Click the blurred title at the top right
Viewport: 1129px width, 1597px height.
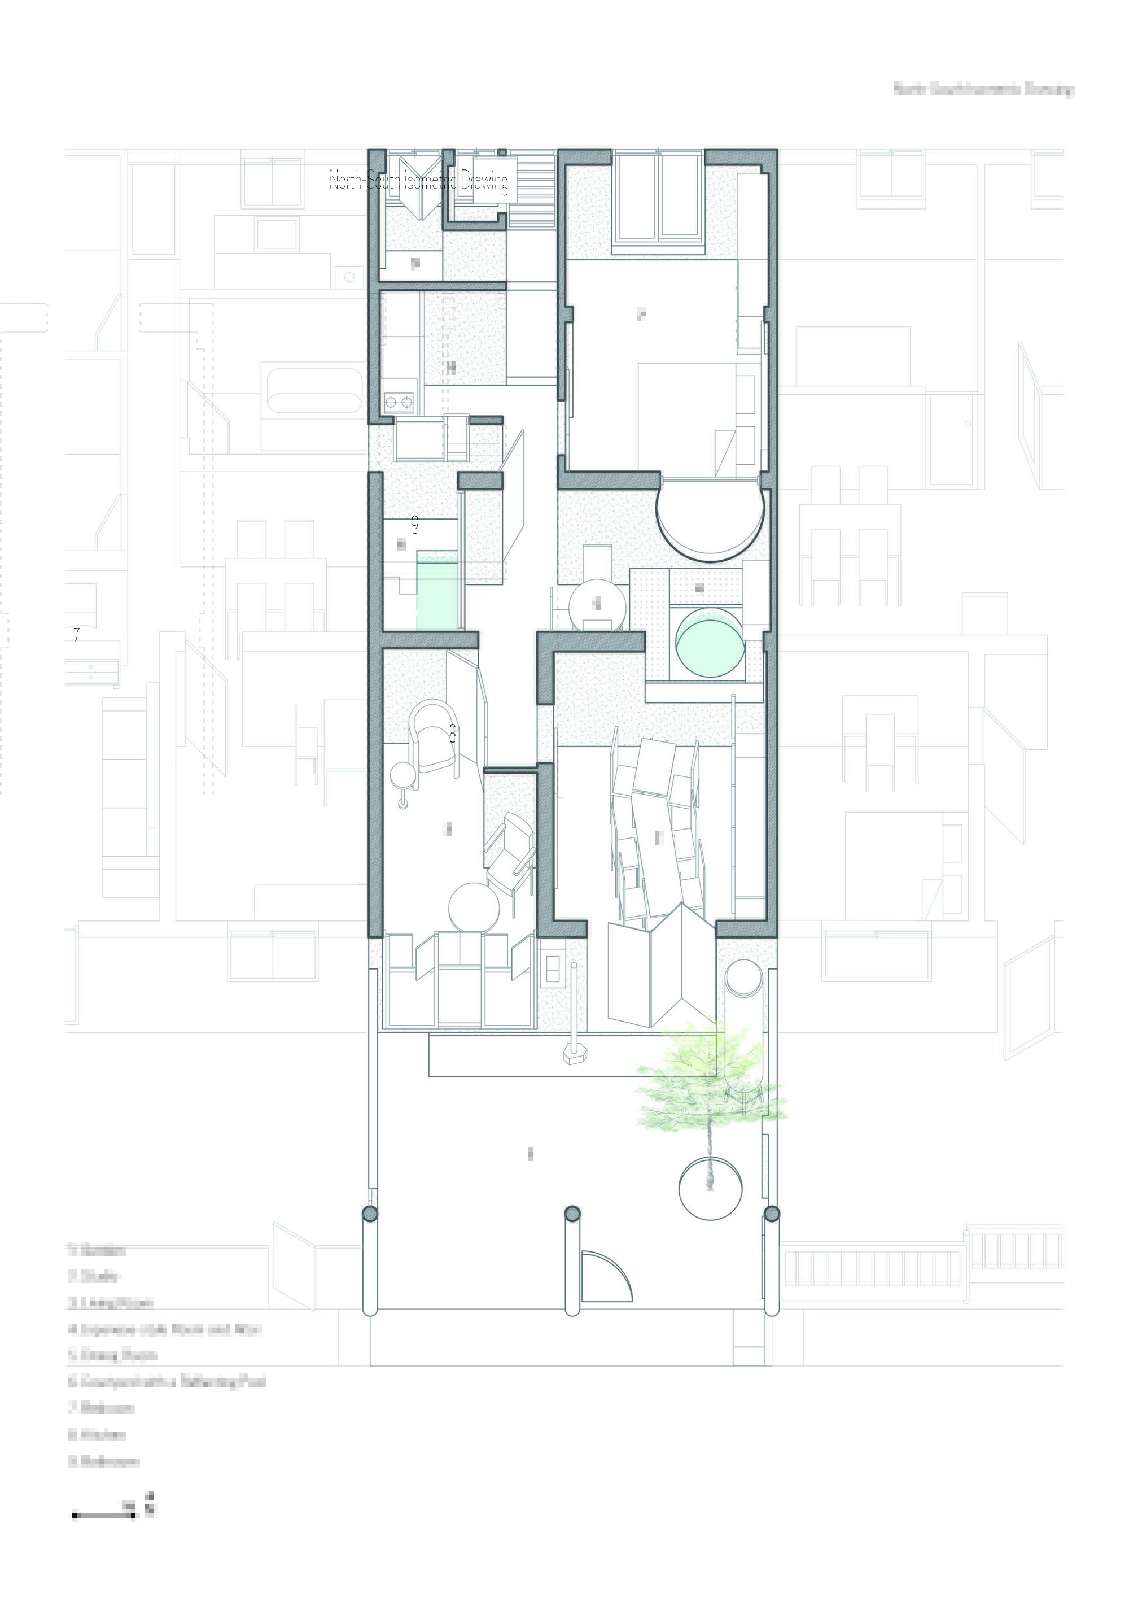click(x=983, y=90)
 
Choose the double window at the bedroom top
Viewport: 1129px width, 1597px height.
click(x=657, y=198)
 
